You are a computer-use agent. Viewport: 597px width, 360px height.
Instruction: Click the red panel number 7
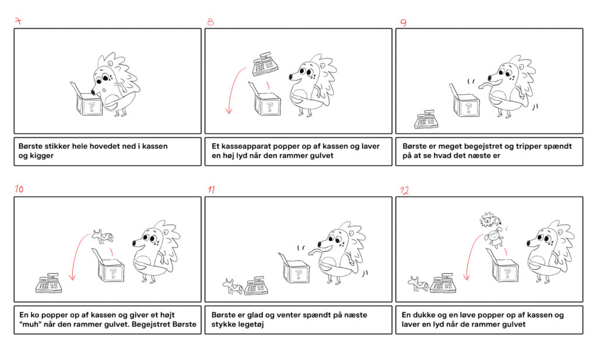[18, 22]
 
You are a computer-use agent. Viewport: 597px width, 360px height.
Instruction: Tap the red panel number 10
[19, 189]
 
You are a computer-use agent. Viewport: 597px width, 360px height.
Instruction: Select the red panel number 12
[405, 190]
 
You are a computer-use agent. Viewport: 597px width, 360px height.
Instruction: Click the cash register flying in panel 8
[265, 64]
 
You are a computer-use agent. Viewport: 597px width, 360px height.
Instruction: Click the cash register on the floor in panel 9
[426, 119]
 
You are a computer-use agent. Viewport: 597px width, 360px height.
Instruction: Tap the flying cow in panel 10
[103, 236]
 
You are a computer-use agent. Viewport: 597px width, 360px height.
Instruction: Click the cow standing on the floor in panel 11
[233, 286]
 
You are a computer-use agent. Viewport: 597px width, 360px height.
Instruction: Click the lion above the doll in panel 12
[490, 220]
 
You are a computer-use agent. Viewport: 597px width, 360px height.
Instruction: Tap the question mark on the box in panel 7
[92, 106]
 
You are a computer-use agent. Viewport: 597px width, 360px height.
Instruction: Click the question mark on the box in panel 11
[298, 273]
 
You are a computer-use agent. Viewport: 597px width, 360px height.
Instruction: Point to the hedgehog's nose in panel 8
[290, 77]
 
